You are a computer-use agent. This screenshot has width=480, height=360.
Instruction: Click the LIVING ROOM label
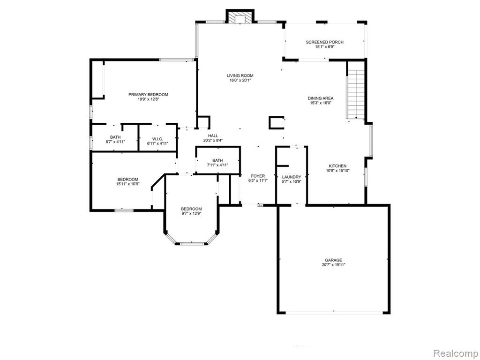click(240, 75)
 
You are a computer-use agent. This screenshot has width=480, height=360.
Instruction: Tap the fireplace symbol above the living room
click(240, 17)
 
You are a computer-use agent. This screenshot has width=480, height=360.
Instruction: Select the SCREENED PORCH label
click(324, 42)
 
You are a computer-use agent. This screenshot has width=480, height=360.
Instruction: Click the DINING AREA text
click(321, 98)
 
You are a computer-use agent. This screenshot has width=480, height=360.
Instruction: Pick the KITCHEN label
click(337, 166)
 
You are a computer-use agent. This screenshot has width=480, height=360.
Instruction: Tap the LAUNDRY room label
click(292, 177)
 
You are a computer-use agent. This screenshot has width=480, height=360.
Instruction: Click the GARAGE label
click(333, 260)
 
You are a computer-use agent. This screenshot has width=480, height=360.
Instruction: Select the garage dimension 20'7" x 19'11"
click(333, 265)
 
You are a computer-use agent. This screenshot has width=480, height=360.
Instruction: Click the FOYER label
click(258, 176)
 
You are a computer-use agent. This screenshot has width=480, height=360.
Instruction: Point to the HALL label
click(213, 135)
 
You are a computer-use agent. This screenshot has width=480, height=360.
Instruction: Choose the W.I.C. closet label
click(157, 139)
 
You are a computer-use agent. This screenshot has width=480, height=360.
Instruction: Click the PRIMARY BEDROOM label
click(148, 95)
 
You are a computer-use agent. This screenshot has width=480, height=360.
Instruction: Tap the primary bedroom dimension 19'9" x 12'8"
click(148, 99)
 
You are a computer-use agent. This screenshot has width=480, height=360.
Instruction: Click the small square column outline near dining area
click(277, 123)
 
